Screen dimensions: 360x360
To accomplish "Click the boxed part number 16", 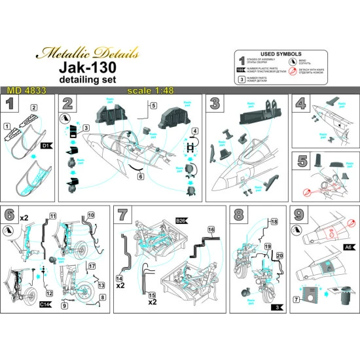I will pyautogui.click(x=211, y=230).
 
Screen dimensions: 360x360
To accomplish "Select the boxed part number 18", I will pyautogui.click(x=274, y=223).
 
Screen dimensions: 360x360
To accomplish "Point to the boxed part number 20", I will pyautogui.click(x=279, y=257).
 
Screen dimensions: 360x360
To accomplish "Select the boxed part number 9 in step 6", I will pyautogui.click(x=64, y=306).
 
